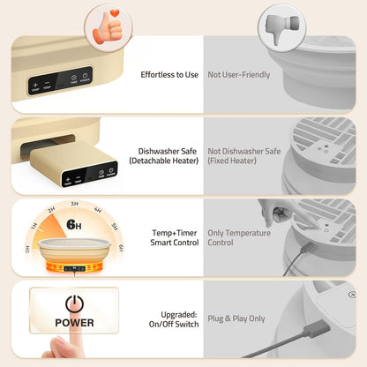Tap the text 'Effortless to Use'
[169, 74]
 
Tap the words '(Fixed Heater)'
[233, 161]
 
